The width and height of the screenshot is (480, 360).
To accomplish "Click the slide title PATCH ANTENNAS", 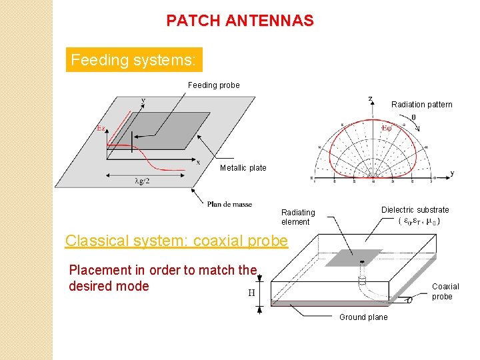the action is pos(240,21).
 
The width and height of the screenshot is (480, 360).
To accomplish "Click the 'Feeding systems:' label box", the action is pos(133,60).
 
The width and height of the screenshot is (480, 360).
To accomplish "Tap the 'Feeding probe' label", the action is pos(213,85).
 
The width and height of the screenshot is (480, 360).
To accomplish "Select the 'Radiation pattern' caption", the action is pos(421,105).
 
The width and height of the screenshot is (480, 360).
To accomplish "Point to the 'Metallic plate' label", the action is pos(243,168).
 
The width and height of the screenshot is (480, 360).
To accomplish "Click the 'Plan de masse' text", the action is pos(229,204).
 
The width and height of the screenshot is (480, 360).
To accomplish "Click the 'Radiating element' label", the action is pos(297,217).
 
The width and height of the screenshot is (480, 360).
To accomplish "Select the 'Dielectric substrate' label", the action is pos(415,210).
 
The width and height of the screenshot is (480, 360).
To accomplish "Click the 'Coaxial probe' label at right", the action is pos(445,291).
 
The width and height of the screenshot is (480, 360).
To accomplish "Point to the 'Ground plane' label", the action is pos(363,317).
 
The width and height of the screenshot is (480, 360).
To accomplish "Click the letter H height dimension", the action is pos(251,292).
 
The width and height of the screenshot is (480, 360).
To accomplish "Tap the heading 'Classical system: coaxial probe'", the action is pos(177,241).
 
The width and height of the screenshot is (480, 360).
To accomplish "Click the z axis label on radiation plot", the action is pos(371,99).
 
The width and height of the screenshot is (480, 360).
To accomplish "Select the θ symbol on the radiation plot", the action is pos(413,117).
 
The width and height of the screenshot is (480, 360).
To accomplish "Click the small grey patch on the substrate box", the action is pos(359,257).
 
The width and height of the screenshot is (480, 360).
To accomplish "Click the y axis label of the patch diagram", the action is pos(143,101).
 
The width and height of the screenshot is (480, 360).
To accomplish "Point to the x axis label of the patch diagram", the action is pos(198,161).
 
